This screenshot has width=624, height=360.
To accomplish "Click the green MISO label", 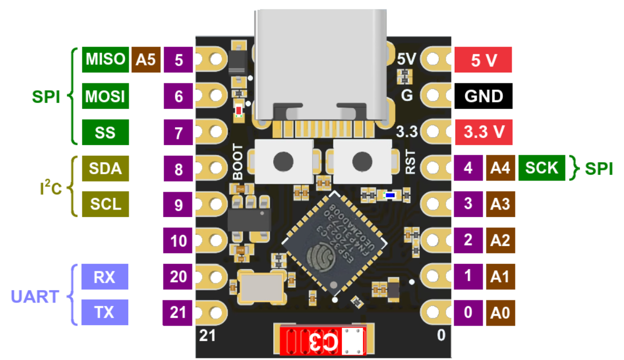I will pyautogui.click(x=105, y=60).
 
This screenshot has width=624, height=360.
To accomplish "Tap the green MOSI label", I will pyautogui.click(x=105, y=97).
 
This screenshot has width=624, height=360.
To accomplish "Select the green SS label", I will pyautogui.click(x=105, y=132).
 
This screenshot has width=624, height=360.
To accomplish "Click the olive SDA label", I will pyautogui.click(x=105, y=168).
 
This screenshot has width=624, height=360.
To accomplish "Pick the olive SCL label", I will pyautogui.click(x=105, y=204).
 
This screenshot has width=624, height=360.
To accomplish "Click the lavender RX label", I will pyautogui.click(x=105, y=277).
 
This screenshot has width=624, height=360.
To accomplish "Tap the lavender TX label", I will pyautogui.click(x=105, y=312).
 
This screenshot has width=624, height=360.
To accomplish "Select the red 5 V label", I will pyautogui.click(x=483, y=60).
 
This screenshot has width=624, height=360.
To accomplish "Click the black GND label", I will pyautogui.click(x=483, y=97).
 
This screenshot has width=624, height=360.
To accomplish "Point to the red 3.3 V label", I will pyautogui.click(x=483, y=132).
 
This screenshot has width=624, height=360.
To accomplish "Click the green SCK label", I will pyautogui.click(x=542, y=168).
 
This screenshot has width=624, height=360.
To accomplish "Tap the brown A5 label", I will pyautogui.click(x=146, y=60).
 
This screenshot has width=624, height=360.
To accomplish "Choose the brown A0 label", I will pyautogui.click(x=500, y=312).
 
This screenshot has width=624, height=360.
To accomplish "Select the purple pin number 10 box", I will pyautogui.click(x=179, y=241).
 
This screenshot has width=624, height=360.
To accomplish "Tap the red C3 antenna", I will pyautogui.click(x=322, y=341).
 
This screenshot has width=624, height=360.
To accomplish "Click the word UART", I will pyautogui.click(x=35, y=296).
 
